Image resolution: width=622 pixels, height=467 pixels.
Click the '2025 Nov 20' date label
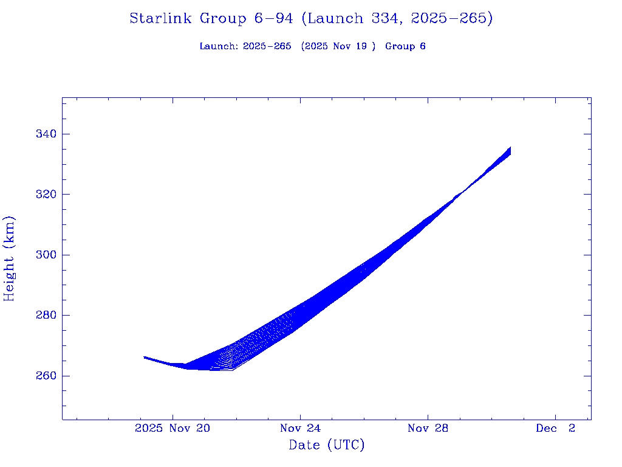point(173,429)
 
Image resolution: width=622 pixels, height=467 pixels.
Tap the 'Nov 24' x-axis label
point(300,429)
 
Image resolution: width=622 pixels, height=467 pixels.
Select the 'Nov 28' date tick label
point(428,429)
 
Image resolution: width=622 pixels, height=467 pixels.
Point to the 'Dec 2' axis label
point(555,429)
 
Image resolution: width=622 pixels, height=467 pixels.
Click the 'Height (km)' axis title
point(9,258)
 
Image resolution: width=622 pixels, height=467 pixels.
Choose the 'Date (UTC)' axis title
point(327,446)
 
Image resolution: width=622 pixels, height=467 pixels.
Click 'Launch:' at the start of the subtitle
point(219,46)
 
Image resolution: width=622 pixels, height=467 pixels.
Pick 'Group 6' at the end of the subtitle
point(405,46)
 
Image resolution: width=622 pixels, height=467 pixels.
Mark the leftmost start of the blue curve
point(145,357)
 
